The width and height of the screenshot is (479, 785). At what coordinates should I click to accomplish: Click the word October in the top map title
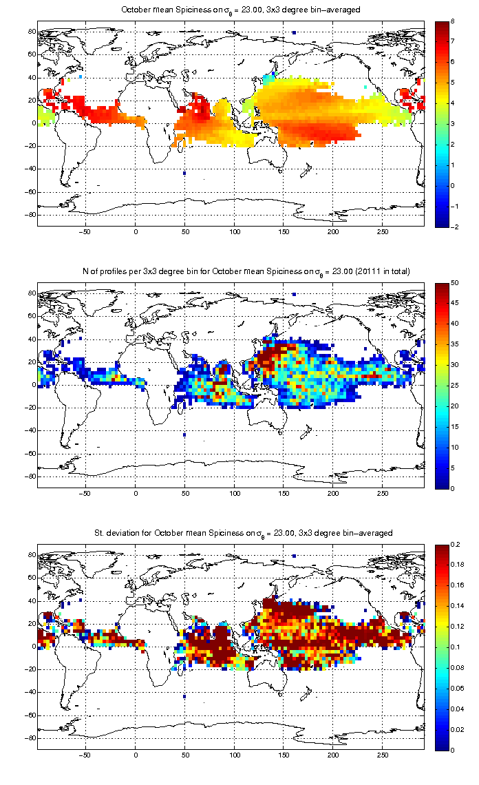pyautogui.click(x=135, y=10)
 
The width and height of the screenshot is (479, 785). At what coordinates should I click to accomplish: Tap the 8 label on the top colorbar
pyautogui.click(x=452, y=21)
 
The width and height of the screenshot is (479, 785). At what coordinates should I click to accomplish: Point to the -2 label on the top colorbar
pyautogui.click(x=454, y=227)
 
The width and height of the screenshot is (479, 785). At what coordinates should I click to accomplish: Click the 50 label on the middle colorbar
pyautogui.click(x=454, y=282)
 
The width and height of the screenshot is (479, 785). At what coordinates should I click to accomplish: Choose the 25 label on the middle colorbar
pyautogui.click(x=454, y=386)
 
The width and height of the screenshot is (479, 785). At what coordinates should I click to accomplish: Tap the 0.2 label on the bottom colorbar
pyautogui.click(x=456, y=544)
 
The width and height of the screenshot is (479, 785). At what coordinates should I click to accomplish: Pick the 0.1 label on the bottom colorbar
pyautogui.click(x=456, y=647)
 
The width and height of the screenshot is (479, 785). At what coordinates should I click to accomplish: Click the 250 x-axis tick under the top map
pyautogui.click(x=383, y=232)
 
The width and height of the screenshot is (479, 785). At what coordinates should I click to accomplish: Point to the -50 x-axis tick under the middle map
pyautogui.click(x=85, y=493)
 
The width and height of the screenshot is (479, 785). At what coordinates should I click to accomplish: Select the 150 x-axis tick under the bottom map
pyautogui.click(x=284, y=755)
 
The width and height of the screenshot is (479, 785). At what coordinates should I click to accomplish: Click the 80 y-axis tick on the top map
pyautogui.click(x=32, y=31)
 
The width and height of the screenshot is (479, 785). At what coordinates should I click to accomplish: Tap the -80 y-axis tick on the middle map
pyautogui.click(x=30, y=476)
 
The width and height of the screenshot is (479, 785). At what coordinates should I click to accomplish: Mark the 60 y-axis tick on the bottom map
pyautogui.click(x=32, y=577)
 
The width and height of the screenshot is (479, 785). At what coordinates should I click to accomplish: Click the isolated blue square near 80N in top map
pyautogui.click(x=294, y=32)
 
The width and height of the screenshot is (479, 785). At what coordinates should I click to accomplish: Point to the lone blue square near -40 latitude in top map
pyautogui.click(x=184, y=174)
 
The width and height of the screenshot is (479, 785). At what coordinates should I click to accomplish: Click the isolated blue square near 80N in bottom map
pyautogui.click(x=294, y=556)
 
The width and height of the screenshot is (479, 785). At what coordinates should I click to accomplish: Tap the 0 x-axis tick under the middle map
pyautogui.click(x=136, y=493)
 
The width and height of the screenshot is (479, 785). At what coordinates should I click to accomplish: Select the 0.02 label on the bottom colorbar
pyautogui.click(x=457, y=729)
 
